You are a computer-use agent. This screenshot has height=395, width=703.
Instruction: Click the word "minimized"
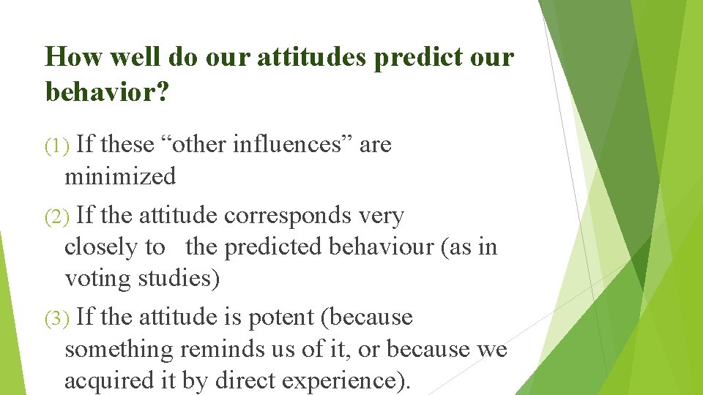pos(120,176)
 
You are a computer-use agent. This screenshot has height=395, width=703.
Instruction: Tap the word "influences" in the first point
pos(292,145)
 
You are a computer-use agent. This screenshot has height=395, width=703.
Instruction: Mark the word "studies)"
pos(179,279)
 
